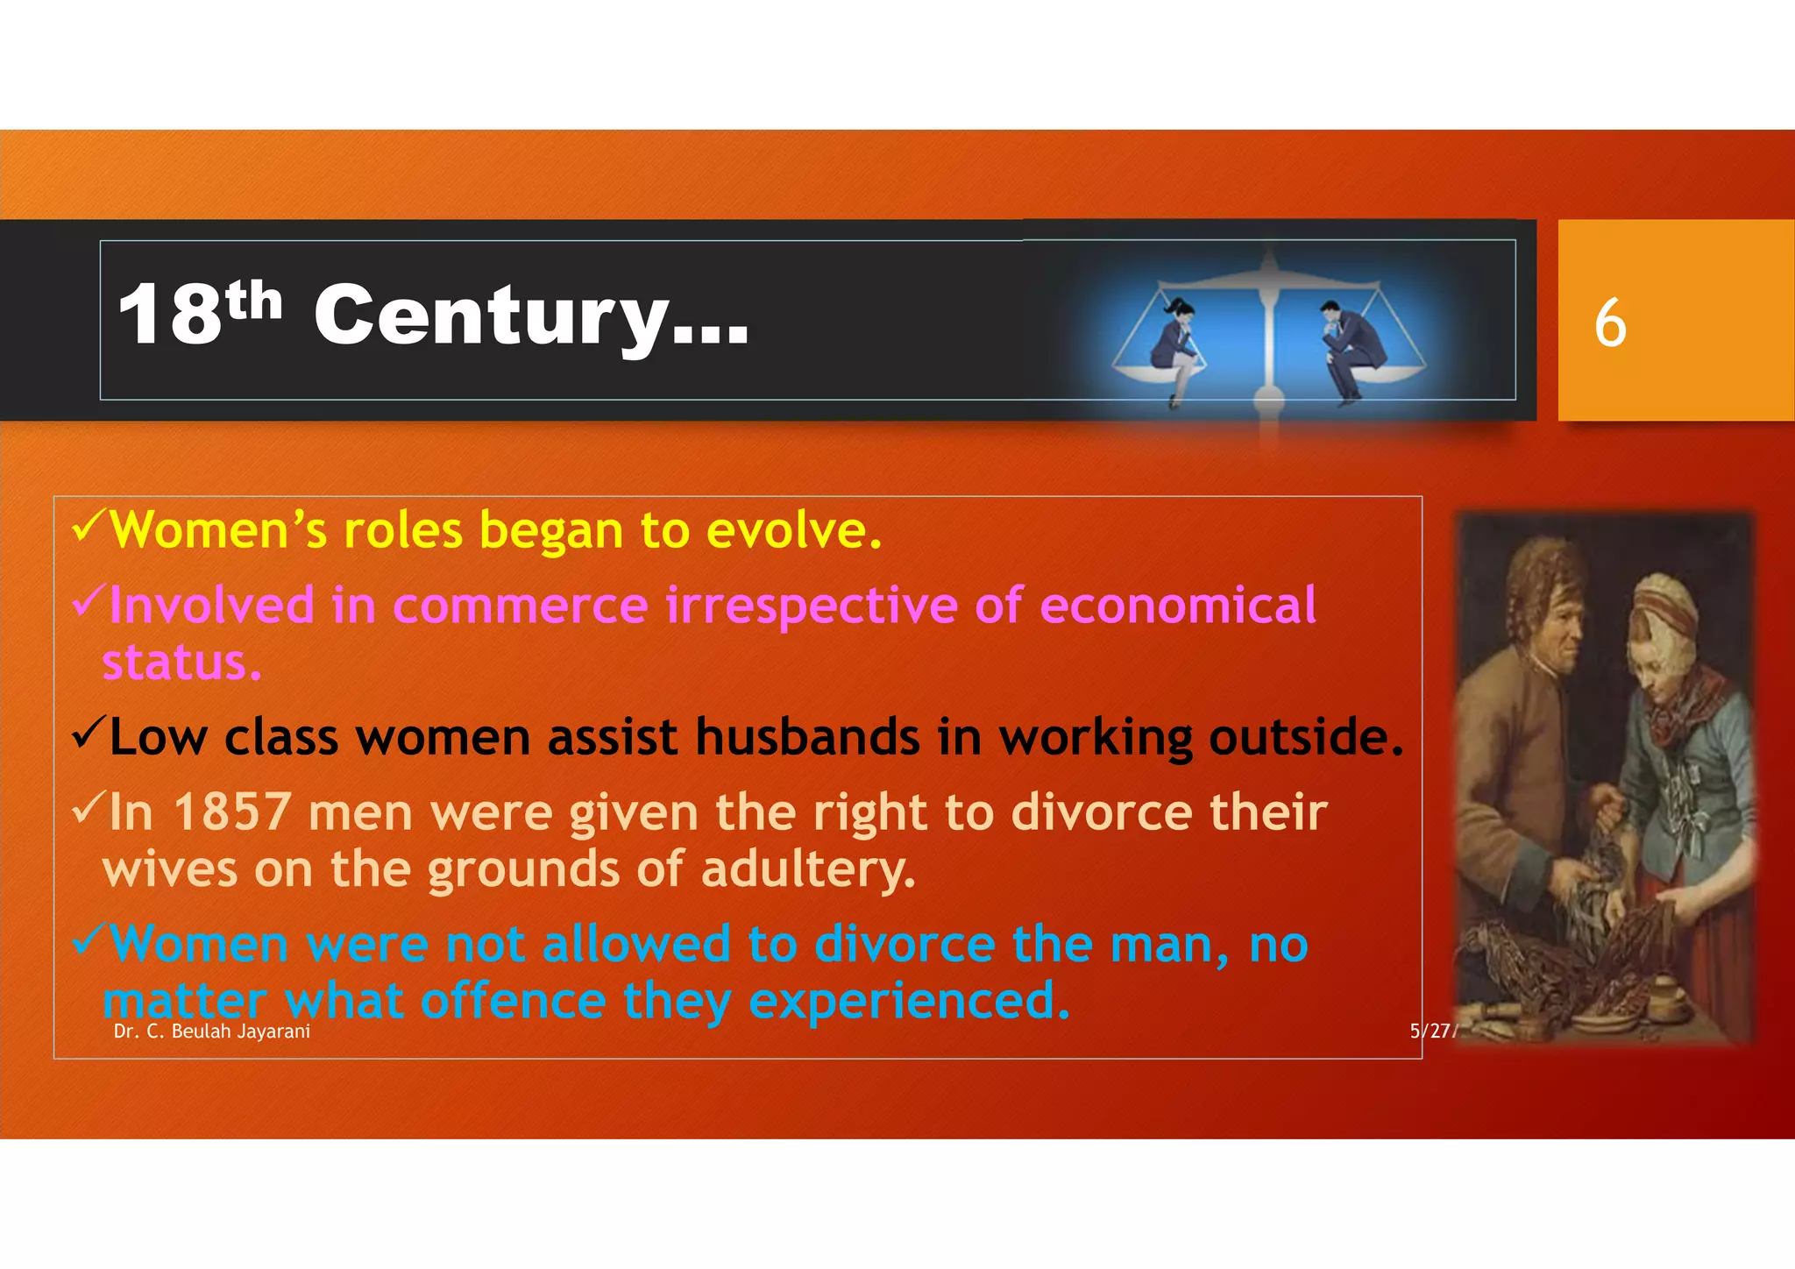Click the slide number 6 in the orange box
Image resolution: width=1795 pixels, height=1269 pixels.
[x=1610, y=323]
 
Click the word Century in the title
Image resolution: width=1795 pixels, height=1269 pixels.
[x=491, y=315]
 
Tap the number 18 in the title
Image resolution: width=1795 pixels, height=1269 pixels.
[x=171, y=315]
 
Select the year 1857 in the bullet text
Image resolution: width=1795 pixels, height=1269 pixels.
[x=232, y=812]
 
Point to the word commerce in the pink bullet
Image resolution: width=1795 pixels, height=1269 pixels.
[x=520, y=606]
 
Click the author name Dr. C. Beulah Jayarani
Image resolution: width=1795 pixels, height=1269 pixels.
[x=212, y=1032]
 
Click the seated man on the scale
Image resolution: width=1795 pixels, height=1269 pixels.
[x=1350, y=346]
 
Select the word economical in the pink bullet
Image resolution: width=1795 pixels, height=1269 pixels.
[x=1177, y=606]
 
